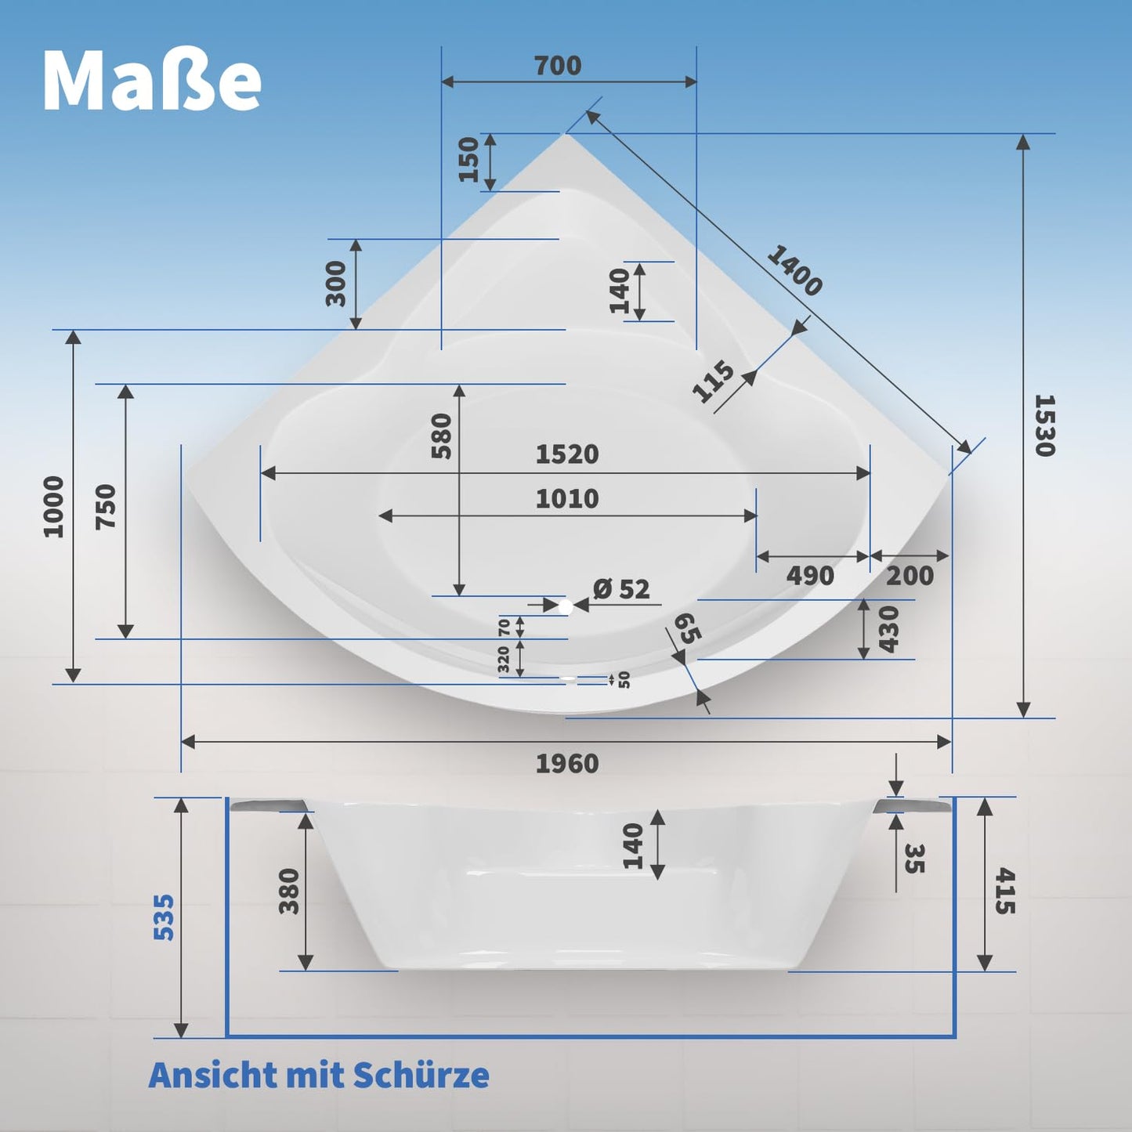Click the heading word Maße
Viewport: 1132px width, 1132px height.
(x=152, y=81)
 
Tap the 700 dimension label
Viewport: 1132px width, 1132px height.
(x=558, y=65)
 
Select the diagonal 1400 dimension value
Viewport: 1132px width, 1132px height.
(x=794, y=270)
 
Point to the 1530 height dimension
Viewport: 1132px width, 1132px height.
(x=1044, y=425)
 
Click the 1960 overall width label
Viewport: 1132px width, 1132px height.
(x=567, y=763)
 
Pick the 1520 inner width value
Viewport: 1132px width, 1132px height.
(x=567, y=454)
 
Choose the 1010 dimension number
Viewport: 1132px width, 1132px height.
(x=567, y=499)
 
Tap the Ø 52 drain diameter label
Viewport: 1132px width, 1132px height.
(x=621, y=588)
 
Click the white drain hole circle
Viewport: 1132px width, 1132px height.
(x=565, y=607)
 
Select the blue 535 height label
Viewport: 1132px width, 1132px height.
(x=164, y=917)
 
